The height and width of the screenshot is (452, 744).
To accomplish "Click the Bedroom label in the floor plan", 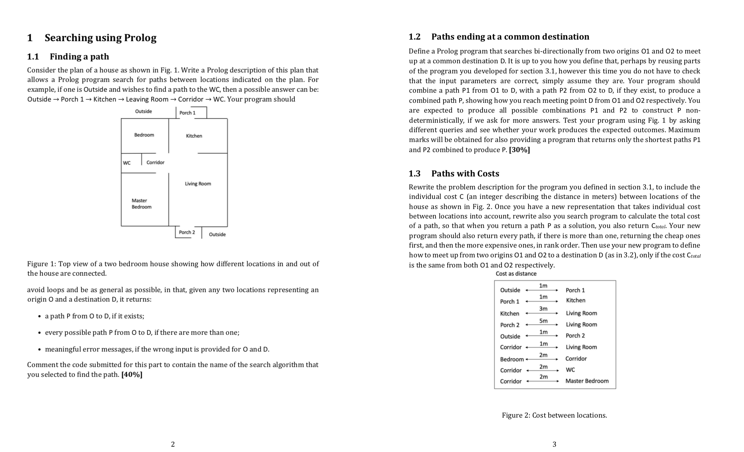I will [x=144, y=135].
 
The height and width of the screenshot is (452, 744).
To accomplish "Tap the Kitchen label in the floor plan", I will [x=194, y=136].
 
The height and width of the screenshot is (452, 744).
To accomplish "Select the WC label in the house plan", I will [x=126, y=163].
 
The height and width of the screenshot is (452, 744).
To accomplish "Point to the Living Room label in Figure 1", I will [x=198, y=184].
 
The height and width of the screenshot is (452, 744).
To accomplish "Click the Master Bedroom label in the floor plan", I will [x=141, y=204].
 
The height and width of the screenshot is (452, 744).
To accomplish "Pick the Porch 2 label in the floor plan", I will [x=187, y=232].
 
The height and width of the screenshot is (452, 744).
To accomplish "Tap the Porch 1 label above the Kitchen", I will [x=187, y=113].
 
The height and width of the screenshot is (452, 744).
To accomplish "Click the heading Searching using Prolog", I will [x=100, y=38].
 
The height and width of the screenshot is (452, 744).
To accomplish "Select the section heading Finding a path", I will [x=79, y=57].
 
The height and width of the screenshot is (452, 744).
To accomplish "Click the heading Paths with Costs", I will [x=465, y=174].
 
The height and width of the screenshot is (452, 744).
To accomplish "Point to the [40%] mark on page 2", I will [x=132, y=375].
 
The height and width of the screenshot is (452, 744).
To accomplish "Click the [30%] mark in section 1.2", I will [x=519, y=150].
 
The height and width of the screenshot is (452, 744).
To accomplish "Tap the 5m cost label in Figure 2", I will [x=543, y=321].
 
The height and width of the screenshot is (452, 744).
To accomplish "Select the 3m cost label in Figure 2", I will [x=543, y=309].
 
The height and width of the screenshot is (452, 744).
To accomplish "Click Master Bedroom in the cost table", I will [x=587, y=381].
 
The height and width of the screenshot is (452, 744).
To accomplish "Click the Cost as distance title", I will [x=516, y=274].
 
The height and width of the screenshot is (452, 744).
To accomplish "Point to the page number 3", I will [x=554, y=444].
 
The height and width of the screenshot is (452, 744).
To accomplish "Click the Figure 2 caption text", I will [x=554, y=415].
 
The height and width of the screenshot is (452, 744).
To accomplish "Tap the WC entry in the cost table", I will [x=570, y=370].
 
